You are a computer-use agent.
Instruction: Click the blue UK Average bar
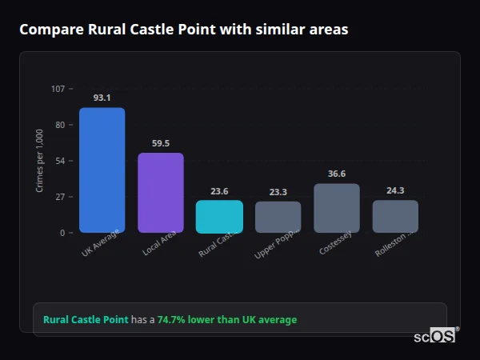pyautogui.click(x=102, y=170)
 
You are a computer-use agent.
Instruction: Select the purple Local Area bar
pyautogui.click(x=161, y=193)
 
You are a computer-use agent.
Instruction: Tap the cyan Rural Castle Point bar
pyautogui.click(x=219, y=217)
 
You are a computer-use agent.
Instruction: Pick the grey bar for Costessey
pyautogui.click(x=337, y=208)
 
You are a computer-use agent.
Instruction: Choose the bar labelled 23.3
pyautogui.click(x=278, y=217)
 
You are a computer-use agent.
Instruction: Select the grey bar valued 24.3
pyautogui.click(x=395, y=216)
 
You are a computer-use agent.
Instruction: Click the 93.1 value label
pyautogui.click(x=102, y=98)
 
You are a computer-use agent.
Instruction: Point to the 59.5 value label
pyautogui.click(x=161, y=143)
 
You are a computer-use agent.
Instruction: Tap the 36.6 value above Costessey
pyautogui.click(x=337, y=174)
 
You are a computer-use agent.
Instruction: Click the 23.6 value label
pyautogui.click(x=219, y=191)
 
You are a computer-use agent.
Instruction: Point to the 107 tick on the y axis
pyautogui.click(x=58, y=89)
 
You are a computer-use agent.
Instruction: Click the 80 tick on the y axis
pyautogui.click(x=60, y=125)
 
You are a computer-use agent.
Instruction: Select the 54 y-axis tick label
pyautogui.click(x=60, y=161)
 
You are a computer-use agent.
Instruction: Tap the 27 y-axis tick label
pyautogui.click(x=60, y=197)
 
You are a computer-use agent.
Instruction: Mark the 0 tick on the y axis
pyautogui.click(x=62, y=233)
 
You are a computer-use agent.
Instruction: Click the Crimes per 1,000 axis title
pyautogui.click(x=39, y=160)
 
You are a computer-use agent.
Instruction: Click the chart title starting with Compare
pyautogui.click(x=183, y=30)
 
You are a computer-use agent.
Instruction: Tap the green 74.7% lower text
pyautogui.click(x=227, y=320)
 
